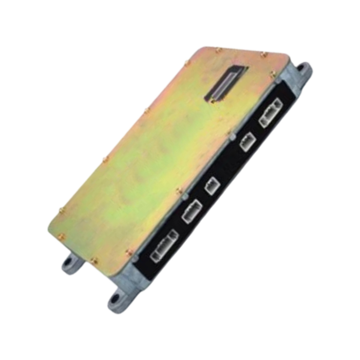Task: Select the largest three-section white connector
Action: pos(164,246)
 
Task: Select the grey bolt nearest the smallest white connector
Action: pos(185,196)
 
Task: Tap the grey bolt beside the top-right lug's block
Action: pos(278,80)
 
